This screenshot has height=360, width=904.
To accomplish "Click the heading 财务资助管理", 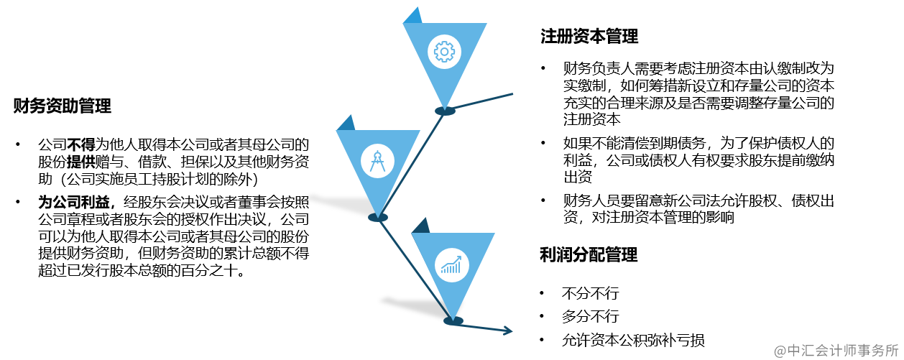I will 63,107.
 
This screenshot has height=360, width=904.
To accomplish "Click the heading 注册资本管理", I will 589,36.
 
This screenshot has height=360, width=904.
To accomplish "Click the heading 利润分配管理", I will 589,254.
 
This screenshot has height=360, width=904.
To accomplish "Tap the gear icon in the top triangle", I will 444,52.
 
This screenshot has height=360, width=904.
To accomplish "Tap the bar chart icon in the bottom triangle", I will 451,265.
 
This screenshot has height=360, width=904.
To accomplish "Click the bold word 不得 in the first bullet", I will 81,143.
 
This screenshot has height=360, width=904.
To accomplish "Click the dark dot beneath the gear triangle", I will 446,111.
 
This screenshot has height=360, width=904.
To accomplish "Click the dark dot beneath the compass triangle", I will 378,217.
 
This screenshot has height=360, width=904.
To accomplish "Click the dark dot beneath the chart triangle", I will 452,321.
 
